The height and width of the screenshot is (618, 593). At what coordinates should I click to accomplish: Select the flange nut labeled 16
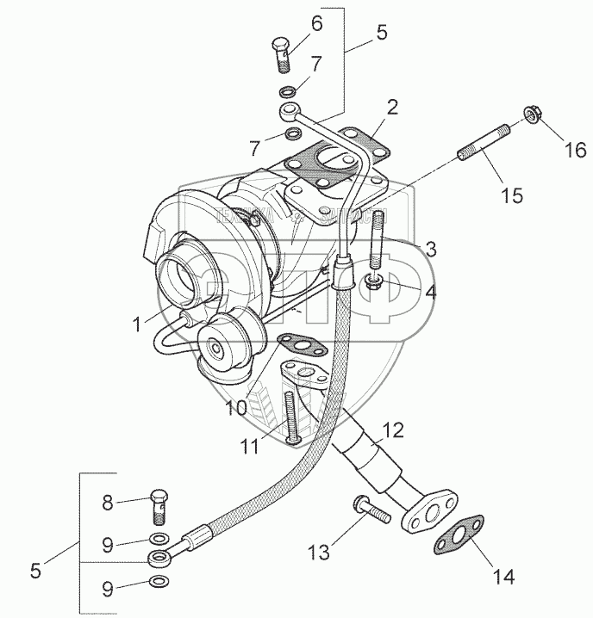click(x=530, y=114)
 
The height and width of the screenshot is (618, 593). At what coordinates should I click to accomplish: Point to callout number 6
click(x=317, y=25)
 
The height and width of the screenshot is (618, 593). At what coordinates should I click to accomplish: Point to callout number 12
click(x=392, y=428)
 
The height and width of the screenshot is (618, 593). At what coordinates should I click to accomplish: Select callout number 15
click(x=513, y=196)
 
